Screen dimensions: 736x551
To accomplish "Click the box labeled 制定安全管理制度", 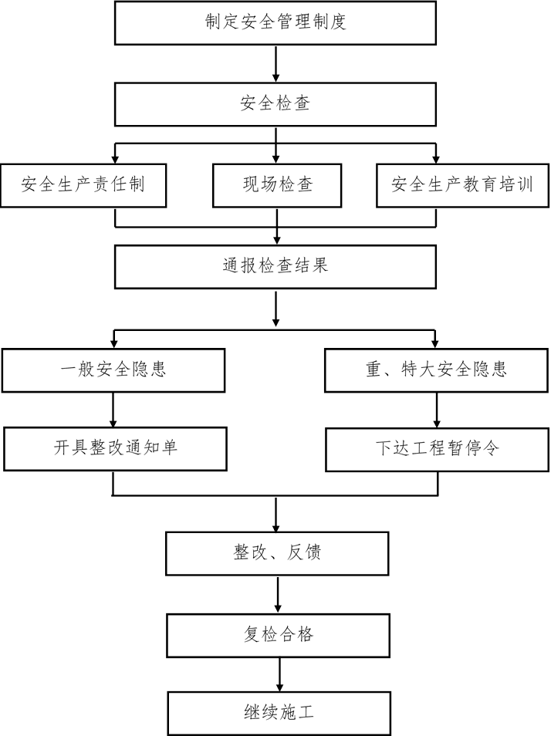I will point(275,22).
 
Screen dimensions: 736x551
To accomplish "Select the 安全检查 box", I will point(275,103).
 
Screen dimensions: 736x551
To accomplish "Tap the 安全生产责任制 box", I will point(83,185).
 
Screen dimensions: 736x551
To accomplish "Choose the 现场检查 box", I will point(277,185).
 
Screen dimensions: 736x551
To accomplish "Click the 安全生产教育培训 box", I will point(461,185).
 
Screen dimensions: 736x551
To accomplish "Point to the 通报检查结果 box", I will point(275,266).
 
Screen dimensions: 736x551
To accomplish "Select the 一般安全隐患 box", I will point(113,370).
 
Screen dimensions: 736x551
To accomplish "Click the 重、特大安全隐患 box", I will point(437,370).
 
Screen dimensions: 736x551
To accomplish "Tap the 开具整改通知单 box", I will point(115,448).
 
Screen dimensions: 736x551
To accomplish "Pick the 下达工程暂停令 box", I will point(438,449).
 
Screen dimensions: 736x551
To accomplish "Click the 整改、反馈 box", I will point(277,552).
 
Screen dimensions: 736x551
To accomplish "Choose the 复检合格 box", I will point(278,636).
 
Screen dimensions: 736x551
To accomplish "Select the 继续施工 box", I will point(278,713).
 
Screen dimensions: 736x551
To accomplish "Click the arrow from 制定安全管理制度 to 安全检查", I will point(276,63).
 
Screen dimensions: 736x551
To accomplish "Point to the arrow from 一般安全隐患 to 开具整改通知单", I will point(113,410).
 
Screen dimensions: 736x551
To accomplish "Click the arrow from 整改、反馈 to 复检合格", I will point(278,594).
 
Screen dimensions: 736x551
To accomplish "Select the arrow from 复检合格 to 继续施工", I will point(279,674).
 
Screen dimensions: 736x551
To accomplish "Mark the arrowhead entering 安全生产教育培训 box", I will point(436,158).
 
